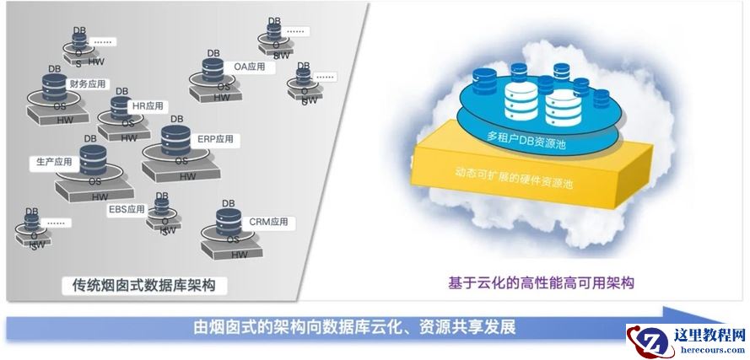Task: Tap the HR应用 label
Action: tap(148, 106)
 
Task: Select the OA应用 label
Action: tap(249, 66)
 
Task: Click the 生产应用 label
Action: tap(51, 161)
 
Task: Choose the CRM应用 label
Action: tap(268, 223)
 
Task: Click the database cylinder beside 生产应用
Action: tap(92, 160)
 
